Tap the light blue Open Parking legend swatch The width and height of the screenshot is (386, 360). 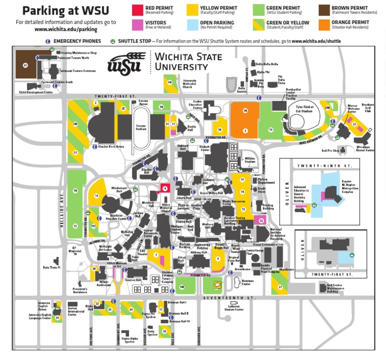[x=191, y=24]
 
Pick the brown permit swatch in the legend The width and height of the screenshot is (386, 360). [x=324, y=10]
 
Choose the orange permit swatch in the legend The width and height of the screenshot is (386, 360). [x=324, y=24]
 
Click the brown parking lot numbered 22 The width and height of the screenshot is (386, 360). [x=26, y=64]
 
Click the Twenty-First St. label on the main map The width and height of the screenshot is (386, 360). [x=116, y=95]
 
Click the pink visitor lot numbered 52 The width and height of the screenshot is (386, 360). [x=261, y=220]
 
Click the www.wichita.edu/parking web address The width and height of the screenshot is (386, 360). [x=65, y=29]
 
